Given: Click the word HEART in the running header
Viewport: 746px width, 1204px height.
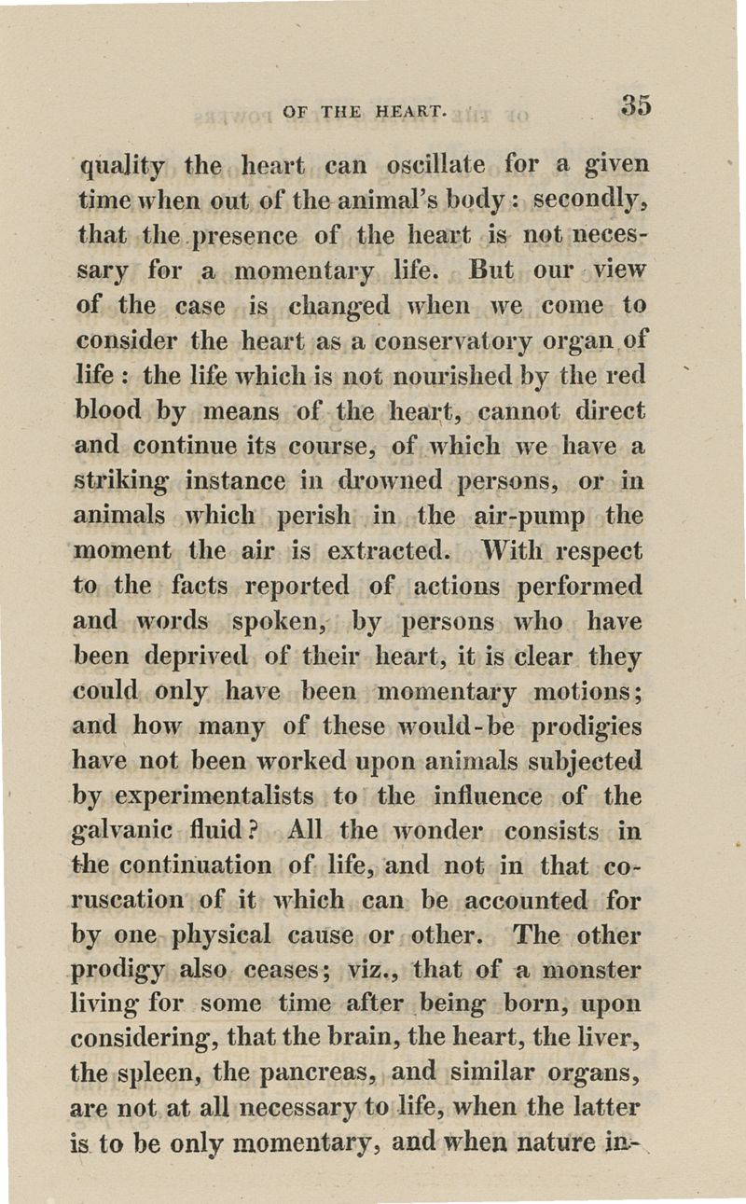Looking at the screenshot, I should coord(413,112).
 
